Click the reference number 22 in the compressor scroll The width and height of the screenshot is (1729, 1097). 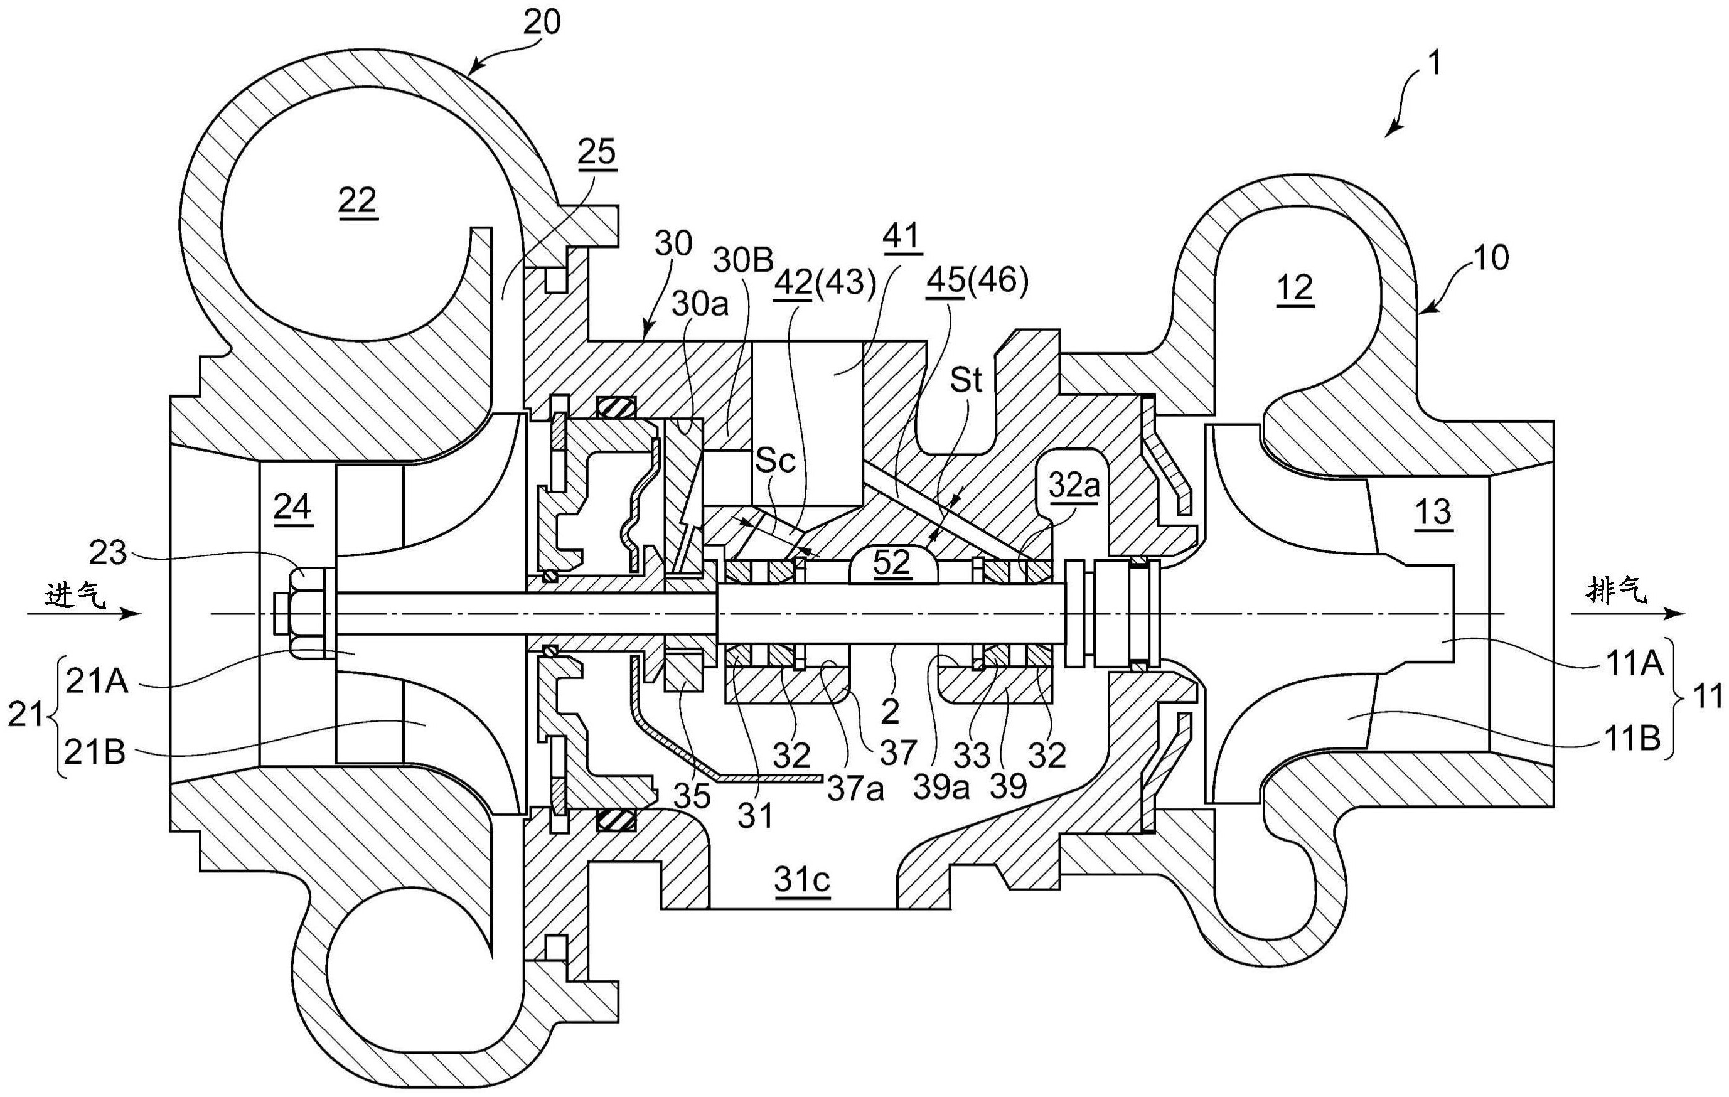click(358, 200)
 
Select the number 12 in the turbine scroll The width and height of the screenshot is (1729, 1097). click(1295, 288)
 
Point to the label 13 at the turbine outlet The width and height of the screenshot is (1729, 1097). click(1433, 512)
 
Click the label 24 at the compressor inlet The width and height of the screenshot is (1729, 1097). click(292, 508)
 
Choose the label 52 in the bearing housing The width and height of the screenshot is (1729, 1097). click(892, 563)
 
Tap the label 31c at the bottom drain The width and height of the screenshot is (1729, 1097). click(802, 878)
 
